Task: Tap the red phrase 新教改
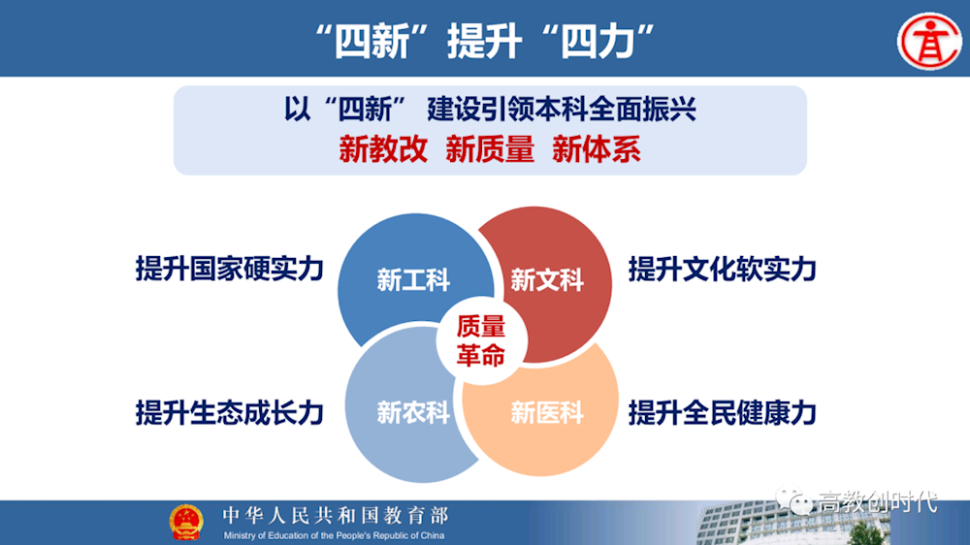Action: pyautogui.click(x=383, y=149)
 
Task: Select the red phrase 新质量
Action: pyautogui.click(x=490, y=149)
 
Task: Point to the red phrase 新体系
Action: pyautogui.click(x=597, y=149)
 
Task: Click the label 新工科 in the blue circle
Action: pyautogui.click(x=413, y=281)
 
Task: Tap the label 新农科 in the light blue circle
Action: pyautogui.click(x=413, y=412)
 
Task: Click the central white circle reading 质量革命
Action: pyautogui.click(x=481, y=340)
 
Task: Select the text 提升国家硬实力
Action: pyautogui.click(x=229, y=269)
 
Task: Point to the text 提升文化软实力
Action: pyautogui.click(x=722, y=269)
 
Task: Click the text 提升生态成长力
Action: pyautogui.click(x=229, y=412)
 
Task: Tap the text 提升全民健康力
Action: pyautogui.click(x=722, y=412)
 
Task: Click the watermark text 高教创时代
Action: pyautogui.click(x=877, y=502)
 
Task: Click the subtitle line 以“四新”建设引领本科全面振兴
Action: pyautogui.click(x=490, y=110)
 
